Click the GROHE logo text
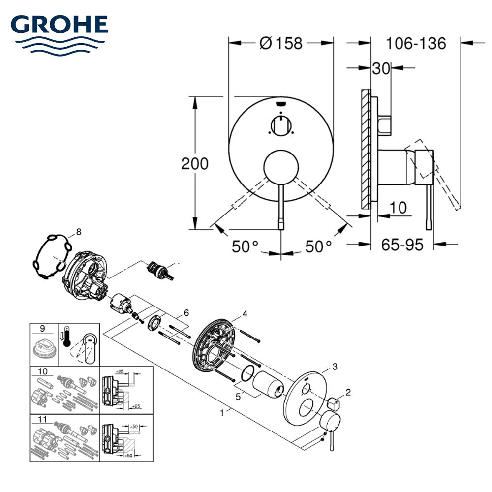[60, 25]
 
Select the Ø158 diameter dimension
[281, 43]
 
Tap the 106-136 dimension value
[416, 43]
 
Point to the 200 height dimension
[194, 163]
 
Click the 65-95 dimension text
[402, 245]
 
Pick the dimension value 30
[381, 68]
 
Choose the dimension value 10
[398, 208]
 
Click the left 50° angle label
[245, 246]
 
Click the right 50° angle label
[318, 246]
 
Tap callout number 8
[79, 232]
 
